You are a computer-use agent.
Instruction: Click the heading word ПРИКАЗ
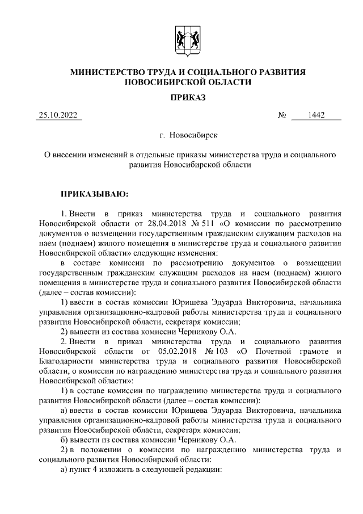[x=188, y=98]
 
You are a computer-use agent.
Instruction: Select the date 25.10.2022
[x=58, y=116]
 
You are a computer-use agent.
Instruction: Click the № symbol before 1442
[x=282, y=116]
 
